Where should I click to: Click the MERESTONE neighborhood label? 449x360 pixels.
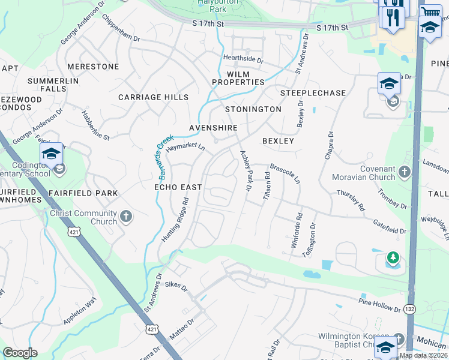pos(93,67)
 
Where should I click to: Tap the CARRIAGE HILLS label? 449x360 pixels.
pos(153,97)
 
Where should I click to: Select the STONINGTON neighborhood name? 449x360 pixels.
pos(253,109)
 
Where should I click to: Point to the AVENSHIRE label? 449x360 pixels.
pos(213,128)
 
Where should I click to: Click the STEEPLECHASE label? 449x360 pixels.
pos(313,93)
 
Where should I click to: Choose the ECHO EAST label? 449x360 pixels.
pos(178,187)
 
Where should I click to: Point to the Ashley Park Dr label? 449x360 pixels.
pos(246,170)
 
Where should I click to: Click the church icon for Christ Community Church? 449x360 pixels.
pos(126,216)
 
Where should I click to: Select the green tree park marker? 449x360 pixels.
pos(393,258)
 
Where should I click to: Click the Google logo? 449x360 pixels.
pos(20,353)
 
